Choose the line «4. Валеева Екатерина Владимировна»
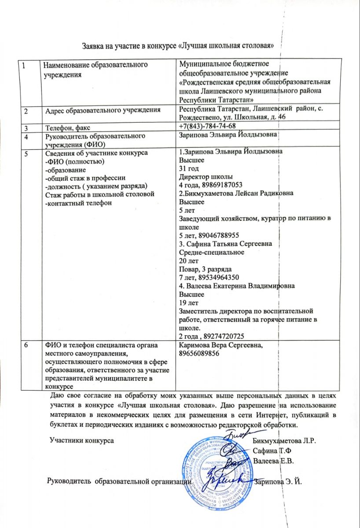click(237, 286)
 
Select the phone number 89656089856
click(198, 354)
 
